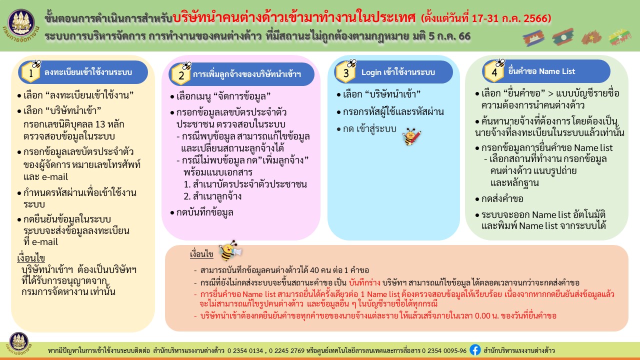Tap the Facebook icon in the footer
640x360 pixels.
[475, 350]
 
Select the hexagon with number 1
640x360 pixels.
[31, 72]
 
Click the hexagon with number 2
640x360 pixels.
[181, 75]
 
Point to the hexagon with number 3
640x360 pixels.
[345, 72]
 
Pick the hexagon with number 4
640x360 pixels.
[494, 71]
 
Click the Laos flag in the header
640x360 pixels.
[563, 37]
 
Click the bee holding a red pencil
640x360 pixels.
[411, 136]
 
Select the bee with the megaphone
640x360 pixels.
[230, 251]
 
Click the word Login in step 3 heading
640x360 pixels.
[371, 72]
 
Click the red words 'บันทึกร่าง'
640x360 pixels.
[364, 283]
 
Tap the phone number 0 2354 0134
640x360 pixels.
[245, 350]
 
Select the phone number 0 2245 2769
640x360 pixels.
[286, 350]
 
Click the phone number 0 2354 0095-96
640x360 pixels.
[444, 350]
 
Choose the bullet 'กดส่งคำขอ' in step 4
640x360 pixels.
[499, 199]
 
